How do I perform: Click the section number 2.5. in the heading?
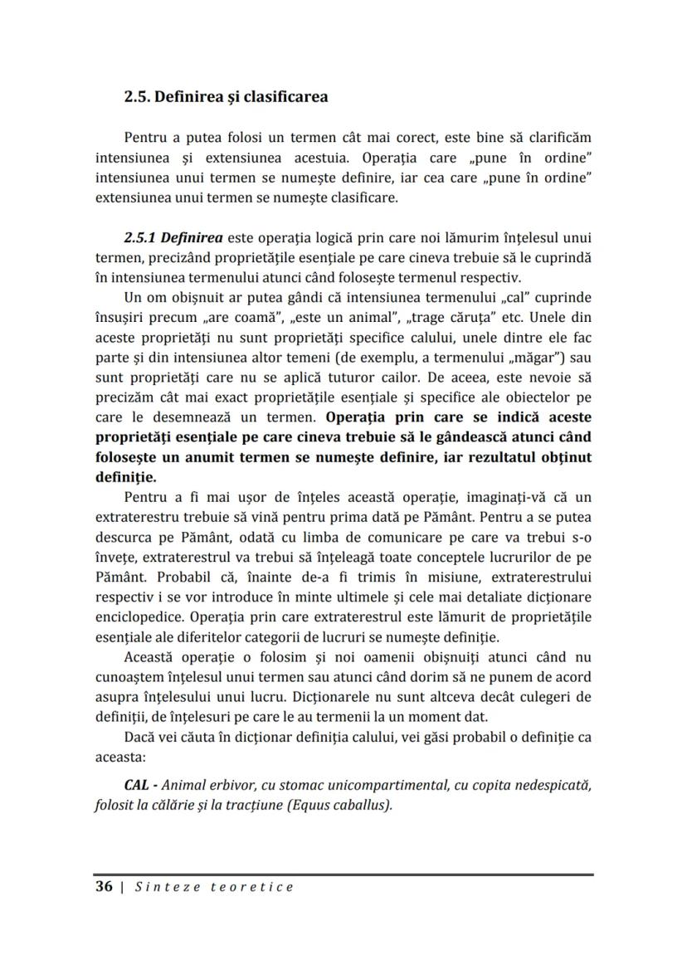(x=139, y=97)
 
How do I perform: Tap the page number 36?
(x=104, y=886)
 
